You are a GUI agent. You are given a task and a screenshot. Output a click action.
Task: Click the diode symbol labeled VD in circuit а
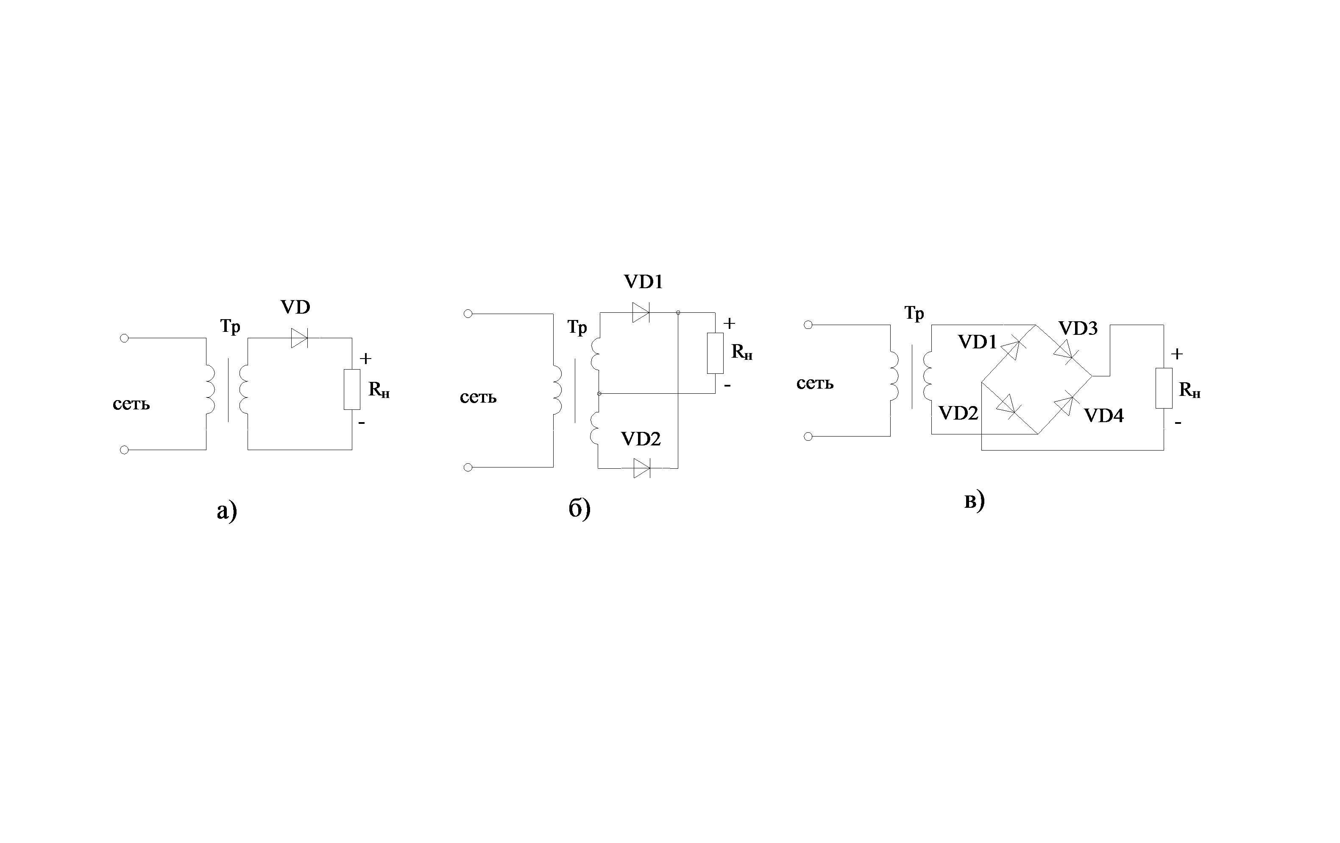pos(299,338)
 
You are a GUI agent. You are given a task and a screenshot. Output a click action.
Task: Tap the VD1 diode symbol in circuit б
pos(641,313)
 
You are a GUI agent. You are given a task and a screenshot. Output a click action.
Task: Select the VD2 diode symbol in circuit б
pos(642,468)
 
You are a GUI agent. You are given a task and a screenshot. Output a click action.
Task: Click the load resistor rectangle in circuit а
pos(352,389)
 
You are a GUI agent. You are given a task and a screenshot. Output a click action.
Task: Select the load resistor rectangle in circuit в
pos(1164,388)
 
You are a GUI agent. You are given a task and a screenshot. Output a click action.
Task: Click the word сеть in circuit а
pos(131,404)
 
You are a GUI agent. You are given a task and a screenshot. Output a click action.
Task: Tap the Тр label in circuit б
pos(577,327)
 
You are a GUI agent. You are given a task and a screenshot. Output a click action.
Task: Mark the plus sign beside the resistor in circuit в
pos(1176,354)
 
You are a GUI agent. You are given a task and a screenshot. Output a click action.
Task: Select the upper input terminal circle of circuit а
pos(125,338)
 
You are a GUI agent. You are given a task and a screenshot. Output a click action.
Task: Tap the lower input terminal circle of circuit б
pos(468,467)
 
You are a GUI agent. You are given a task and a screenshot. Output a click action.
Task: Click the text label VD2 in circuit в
pos(958,413)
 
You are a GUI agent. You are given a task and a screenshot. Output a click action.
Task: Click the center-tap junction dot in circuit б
pos(599,393)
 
